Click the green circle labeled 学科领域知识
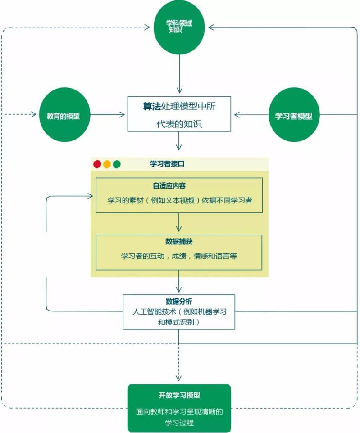coord(179,27)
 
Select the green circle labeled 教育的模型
coord(65,115)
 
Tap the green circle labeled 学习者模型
coord(294,115)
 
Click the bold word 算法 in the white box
coord(152,106)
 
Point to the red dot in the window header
coord(97,164)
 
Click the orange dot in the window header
coord(107,164)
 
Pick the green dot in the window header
coord(117,164)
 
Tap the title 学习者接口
coord(167,164)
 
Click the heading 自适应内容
coord(169,186)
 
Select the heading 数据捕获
coord(179,242)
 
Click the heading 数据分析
coord(179,301)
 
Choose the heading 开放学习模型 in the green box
coord(179,395)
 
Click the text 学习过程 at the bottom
coord(179,423)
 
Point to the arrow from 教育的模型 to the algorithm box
coord(107,115)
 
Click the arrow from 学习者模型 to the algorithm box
coord(251,115)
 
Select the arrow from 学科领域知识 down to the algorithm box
coord(179,74)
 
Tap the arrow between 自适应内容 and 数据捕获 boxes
coord(179,222)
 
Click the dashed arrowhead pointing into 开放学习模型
coord(179,378)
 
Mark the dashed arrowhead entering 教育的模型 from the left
coord(34,114)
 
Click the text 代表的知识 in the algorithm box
coord(179,124)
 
